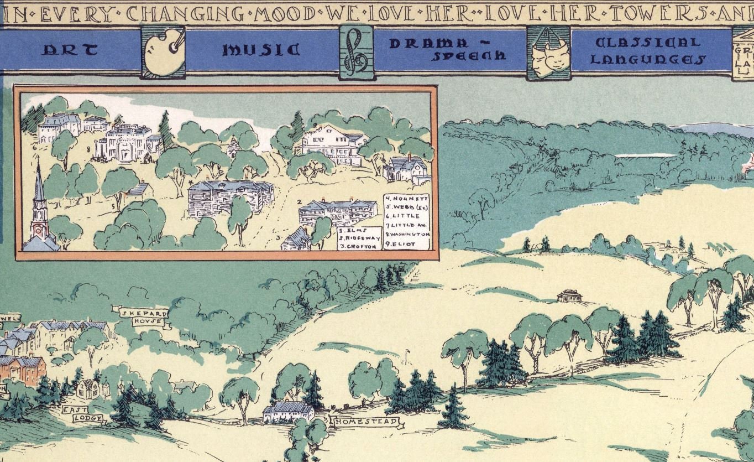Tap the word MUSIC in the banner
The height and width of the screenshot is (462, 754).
[261, 50]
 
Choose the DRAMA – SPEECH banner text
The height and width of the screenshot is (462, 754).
[447, 49]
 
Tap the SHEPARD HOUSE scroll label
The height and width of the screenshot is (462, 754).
[143, 317]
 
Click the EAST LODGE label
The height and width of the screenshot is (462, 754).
[83, 414]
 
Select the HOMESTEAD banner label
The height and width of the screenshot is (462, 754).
[365, 422]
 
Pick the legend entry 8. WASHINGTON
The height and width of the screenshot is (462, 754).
[407, 234]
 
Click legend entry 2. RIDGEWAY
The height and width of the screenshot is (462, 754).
[359, 237]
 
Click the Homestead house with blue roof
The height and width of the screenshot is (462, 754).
[288, 412]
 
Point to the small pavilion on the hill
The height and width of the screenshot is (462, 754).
[569, 296]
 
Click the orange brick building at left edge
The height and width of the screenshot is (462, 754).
[22, 369]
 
